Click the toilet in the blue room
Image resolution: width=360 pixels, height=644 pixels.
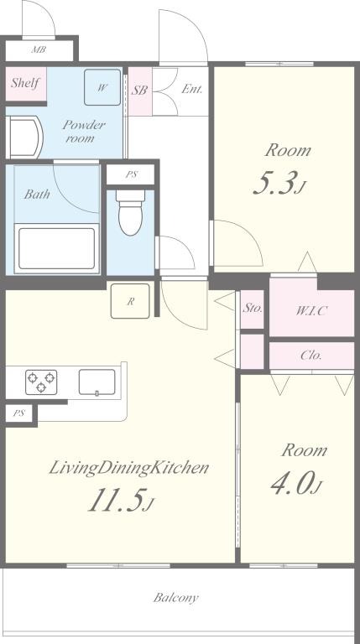[131, 212]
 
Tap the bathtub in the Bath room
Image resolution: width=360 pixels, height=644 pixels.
[57, 248]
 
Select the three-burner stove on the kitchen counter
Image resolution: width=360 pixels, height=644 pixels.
[41, 382]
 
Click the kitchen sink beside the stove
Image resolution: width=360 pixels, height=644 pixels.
[97, 382]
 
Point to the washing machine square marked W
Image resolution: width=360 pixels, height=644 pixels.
[102, 87]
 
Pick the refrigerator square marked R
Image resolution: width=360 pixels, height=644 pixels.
[130, 301]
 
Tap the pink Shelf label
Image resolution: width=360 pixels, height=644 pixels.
[25, 83]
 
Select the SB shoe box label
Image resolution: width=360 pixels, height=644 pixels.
[139, 91]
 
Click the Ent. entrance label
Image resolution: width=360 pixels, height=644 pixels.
[192, 89]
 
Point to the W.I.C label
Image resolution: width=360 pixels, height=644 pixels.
[311, 311]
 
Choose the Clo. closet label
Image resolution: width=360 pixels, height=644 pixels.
[311, 356]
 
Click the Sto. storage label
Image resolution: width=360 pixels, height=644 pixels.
[252, 308]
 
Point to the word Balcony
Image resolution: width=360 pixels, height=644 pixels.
[176, 597]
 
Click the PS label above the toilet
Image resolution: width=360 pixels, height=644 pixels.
[131, 174]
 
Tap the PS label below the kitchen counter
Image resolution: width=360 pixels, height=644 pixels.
[18, 413]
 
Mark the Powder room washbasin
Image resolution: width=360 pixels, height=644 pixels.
[25, 138]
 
